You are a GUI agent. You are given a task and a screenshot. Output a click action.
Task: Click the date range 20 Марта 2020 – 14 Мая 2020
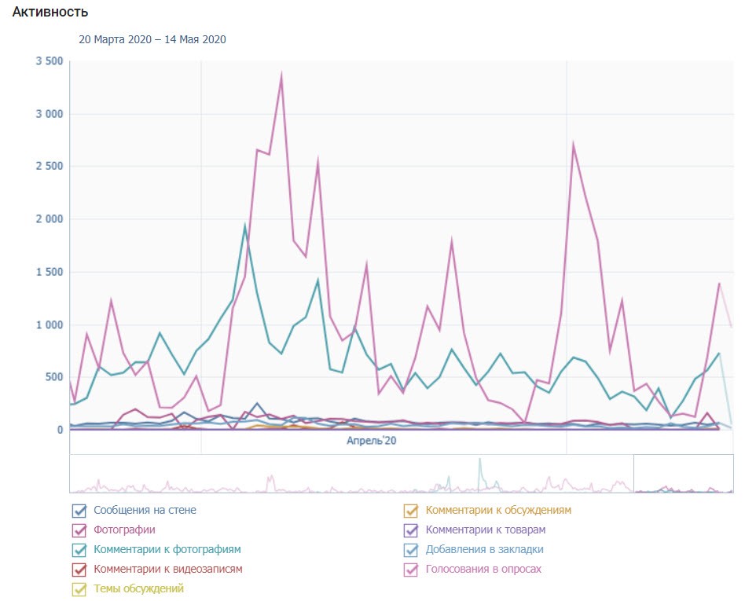(x=152, y=39)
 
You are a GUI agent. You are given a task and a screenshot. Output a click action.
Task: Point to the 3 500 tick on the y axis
(x=50, y=61)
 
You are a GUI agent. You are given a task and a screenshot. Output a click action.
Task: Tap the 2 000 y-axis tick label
(x=50, y=219)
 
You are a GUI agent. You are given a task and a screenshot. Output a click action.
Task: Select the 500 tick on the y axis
(x=53, y=377)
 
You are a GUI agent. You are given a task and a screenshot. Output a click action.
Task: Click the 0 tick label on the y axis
(x=60, y=430)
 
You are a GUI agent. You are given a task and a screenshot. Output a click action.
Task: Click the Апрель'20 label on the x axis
(x=371, y=442)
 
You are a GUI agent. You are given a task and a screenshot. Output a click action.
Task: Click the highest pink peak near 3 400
(x=281, y=75)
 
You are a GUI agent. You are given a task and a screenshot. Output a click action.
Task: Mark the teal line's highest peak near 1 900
(x=245, y=227)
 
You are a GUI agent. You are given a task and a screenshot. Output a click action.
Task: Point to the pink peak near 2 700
(x=574, y=145)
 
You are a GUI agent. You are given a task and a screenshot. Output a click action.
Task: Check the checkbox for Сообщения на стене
(x=79, y=511)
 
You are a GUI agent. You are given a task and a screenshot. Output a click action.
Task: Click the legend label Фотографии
(x=124, y=530)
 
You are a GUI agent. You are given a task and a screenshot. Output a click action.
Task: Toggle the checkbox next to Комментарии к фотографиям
(x=79, y=550)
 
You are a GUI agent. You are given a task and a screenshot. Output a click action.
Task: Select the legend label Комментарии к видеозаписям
(x=167, y=569)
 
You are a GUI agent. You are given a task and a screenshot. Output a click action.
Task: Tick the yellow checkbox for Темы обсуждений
(x=79, y=589)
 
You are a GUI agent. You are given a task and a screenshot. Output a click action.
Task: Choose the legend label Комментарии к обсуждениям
(x=504, y=510)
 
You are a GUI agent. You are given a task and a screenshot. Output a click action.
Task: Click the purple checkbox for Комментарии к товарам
(x=410, y=530)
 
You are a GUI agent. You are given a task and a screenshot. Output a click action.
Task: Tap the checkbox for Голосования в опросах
(x=410, y=570)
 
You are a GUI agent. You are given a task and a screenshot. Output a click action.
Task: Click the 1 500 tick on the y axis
(x=50, y=272)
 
